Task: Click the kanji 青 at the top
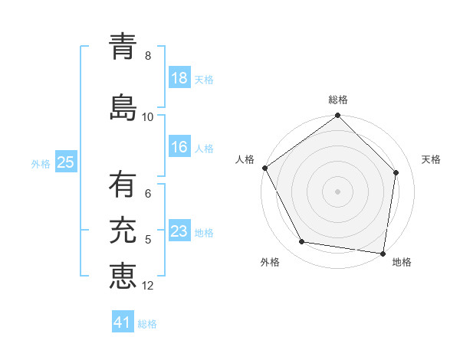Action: [x=123, y=47]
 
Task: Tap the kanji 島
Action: [x=123, y=106]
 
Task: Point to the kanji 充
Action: [x=123, y=230]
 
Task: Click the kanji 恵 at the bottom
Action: [x=123, y=275]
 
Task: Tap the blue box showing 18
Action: [x=179, y=79]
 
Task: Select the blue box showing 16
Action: [x=179, y=148]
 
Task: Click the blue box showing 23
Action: [x=179, y=232]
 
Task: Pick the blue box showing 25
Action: [x=65, y=162]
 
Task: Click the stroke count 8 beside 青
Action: [x=148, y=56]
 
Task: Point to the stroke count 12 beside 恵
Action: [x=148, y=286]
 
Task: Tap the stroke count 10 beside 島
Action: [x=148, y=117]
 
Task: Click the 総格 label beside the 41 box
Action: [x=147, y=324]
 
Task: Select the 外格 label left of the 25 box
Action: [x=41, y=163]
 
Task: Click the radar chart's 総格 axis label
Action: [x=338, y=100]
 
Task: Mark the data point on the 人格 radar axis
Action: [x=264, y=168]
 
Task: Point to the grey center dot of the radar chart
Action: [x=338, y=191]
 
